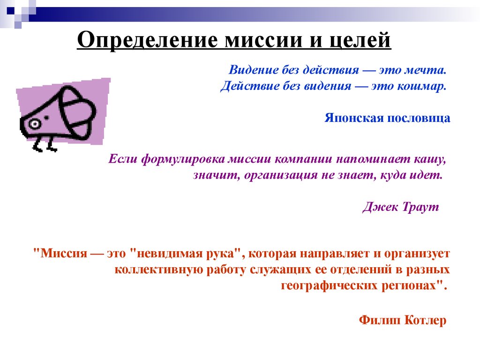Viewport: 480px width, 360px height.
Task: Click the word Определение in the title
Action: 148,40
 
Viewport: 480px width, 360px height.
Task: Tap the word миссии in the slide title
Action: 264,40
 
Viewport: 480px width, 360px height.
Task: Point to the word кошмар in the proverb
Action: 421,86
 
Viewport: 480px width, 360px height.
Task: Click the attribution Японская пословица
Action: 387,118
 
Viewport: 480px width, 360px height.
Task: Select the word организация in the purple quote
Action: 281,175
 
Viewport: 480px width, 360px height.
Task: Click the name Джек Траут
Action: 401,207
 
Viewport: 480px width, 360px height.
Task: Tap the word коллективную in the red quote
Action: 159,270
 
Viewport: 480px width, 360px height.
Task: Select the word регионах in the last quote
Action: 411,285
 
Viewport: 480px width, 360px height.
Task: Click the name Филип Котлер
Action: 403,320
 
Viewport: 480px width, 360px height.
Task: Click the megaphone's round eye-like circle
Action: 35,124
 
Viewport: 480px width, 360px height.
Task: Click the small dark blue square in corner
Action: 11,11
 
